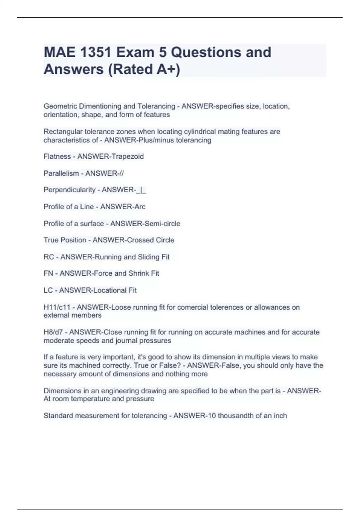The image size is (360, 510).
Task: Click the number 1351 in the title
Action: click(96, 52)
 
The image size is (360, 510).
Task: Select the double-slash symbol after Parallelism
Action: click(121, 173)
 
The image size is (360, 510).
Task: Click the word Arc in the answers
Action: click(140, 207)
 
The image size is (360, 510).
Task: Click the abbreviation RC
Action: click(49, 257)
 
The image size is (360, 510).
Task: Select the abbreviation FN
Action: click(48, 273)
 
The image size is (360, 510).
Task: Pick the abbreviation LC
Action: click(48, 290)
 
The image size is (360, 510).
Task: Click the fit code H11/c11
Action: click(57, 307)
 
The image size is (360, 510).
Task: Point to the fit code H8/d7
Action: click(53, 332)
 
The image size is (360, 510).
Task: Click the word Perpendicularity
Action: click(70, 190)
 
